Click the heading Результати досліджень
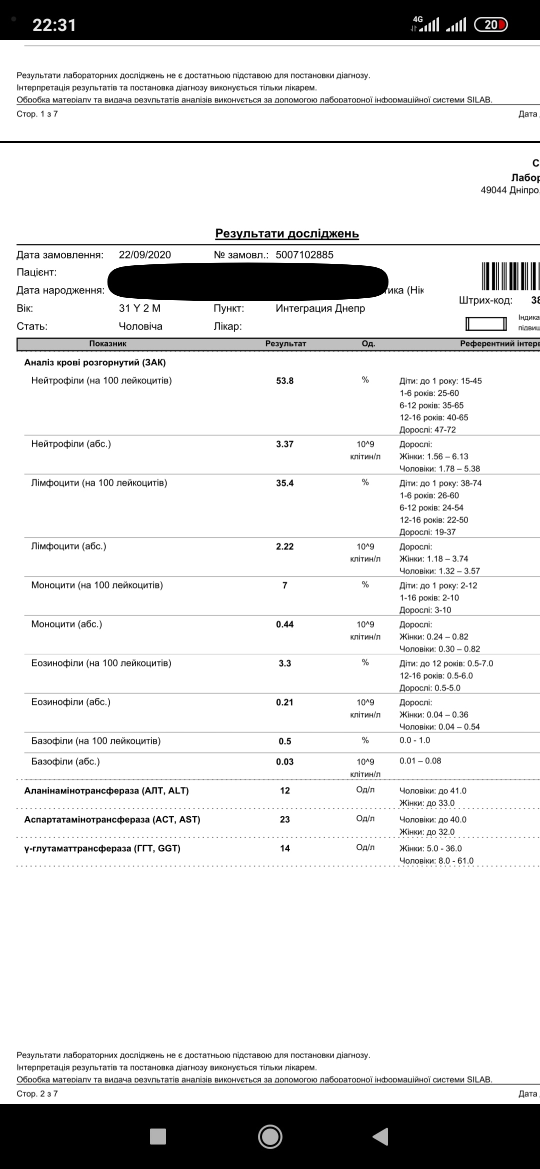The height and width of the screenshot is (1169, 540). (x=287, y=234)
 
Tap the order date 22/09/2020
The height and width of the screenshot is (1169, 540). (x=145, y=255)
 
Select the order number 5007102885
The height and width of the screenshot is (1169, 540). (x=304, y=255)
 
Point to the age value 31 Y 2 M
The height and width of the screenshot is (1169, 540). (x=140, y=308)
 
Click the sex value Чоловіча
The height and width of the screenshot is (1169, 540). (x=140, y=326)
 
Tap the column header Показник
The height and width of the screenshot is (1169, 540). (x=108, y=344)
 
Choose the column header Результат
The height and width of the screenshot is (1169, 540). (x=285, y=344)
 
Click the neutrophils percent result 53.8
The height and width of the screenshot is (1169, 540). (x=285, y=381)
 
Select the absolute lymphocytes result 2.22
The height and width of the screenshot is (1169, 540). (x=285, y=547)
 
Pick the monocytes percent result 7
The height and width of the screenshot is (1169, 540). (x=285, y=585)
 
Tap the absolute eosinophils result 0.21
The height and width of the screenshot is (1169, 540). (x=285, y=702)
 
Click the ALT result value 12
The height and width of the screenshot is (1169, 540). (x=285, y=791)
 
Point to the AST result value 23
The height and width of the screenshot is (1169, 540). (x=285, y=820)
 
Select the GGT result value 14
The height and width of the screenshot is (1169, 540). (x=285, y=848)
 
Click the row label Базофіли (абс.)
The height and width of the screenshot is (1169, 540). (x=65, y=762)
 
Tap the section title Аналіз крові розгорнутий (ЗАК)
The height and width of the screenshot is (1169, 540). (x=95, y=363)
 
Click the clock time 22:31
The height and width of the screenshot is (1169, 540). (x=54, y=25)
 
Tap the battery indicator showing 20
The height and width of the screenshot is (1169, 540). (x=490, y=24)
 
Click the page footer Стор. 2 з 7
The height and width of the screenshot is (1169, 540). (x=37, y=1094)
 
